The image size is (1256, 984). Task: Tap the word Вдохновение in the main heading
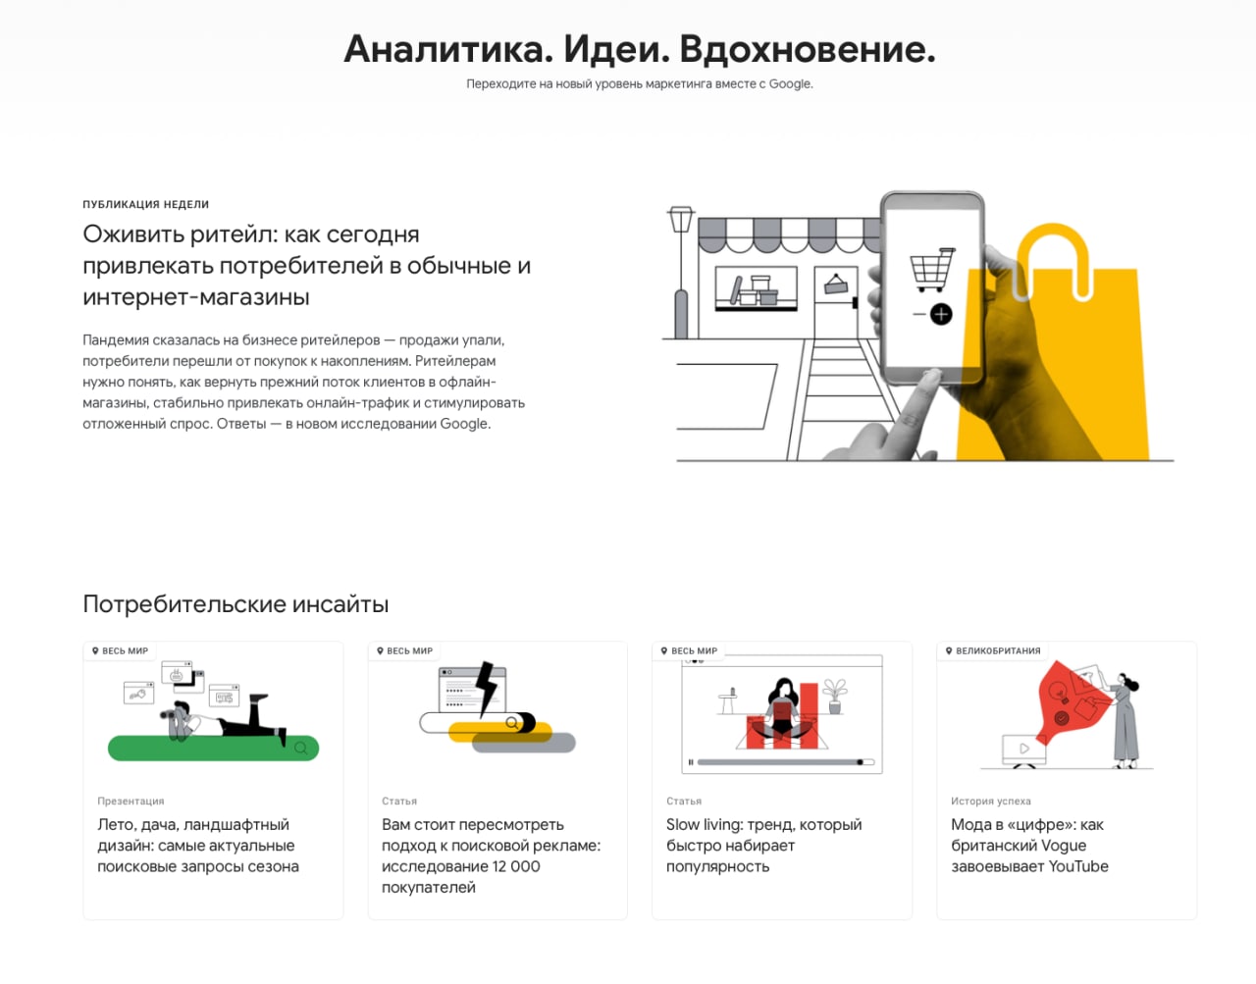807,49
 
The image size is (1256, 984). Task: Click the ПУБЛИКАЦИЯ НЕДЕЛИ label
145,204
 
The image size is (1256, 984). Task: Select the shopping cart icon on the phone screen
932,269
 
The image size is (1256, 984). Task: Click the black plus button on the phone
941,314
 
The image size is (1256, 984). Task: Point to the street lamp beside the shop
681,272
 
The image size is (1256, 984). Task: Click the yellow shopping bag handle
1053,260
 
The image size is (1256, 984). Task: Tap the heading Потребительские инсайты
235,603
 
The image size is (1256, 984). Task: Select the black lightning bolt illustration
487,688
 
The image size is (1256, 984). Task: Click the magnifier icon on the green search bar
301,749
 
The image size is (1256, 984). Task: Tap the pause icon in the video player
690,762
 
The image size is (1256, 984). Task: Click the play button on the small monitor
1024,749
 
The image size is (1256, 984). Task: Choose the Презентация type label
131,801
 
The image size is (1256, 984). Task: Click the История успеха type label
991,801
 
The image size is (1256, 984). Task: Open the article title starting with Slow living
763,846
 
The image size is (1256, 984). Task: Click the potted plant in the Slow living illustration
835,697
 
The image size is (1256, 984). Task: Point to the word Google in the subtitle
789,83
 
